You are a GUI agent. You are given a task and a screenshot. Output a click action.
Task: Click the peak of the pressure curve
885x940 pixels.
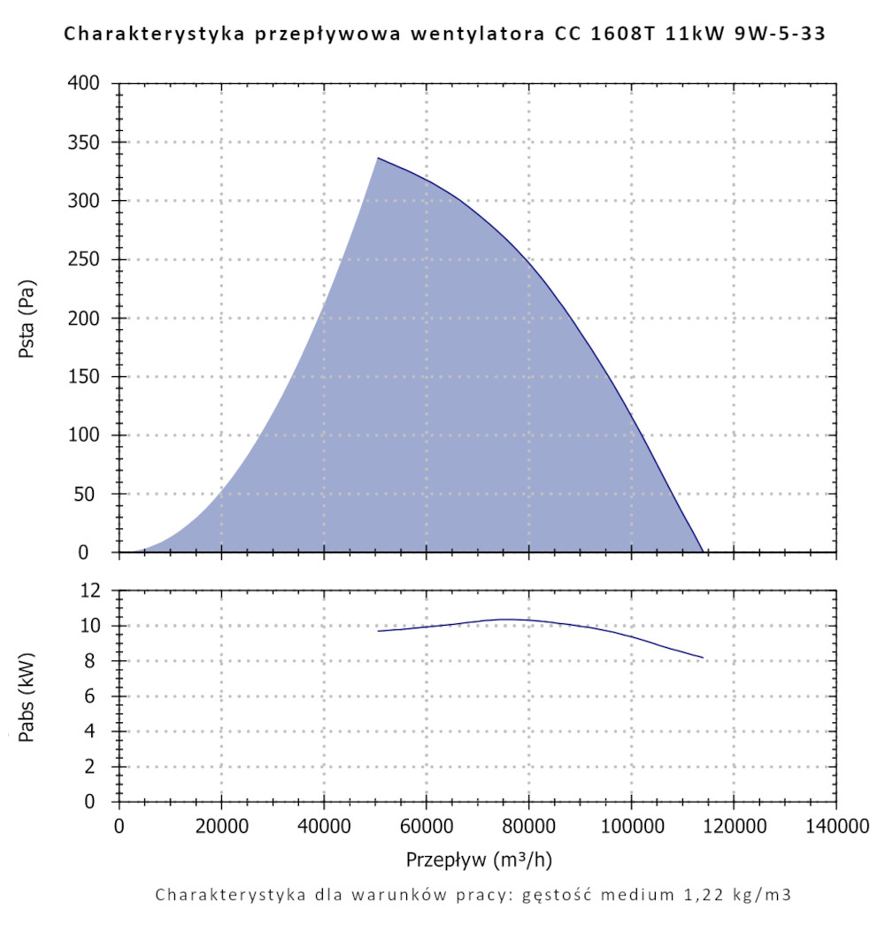click(x=378, y=158)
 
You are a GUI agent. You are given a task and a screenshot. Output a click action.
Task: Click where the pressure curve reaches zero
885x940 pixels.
click(x=703, y=551)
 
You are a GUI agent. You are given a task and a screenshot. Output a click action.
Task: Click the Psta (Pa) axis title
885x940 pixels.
click(x=27, y=319)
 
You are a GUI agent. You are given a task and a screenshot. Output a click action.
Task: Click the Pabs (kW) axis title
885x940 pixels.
click(x=27, y=696)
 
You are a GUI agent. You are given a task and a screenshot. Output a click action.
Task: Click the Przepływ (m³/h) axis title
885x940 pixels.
click(x=480, y=859)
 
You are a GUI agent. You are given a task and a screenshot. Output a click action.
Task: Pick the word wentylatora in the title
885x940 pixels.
click(x=470, y=35)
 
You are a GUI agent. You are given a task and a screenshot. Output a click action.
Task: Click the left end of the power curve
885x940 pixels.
click(x=378, y=631)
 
